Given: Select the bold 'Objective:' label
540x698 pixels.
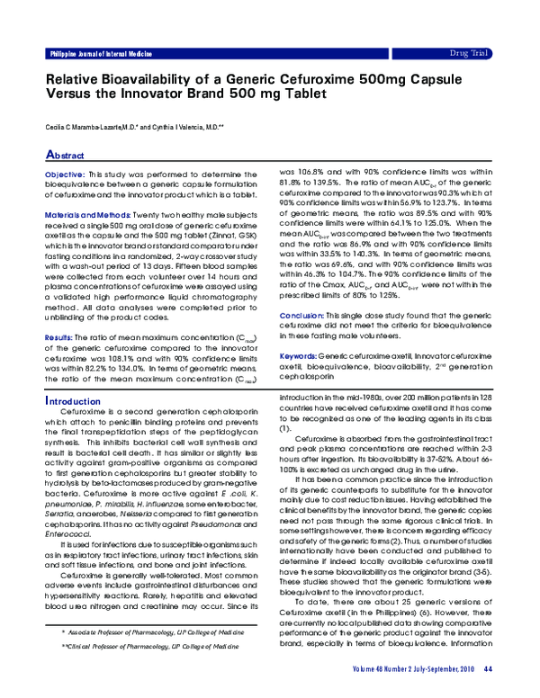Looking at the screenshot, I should [x=65, y=173].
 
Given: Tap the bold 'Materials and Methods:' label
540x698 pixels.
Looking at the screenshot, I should [x=88, y=216].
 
